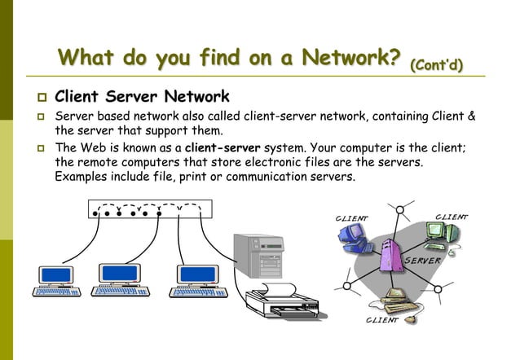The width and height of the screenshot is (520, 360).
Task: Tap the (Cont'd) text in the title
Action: (436, 64)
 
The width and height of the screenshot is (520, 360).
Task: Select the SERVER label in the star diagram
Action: (423, 261)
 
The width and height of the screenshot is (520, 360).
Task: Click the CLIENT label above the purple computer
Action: (352, 218)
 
